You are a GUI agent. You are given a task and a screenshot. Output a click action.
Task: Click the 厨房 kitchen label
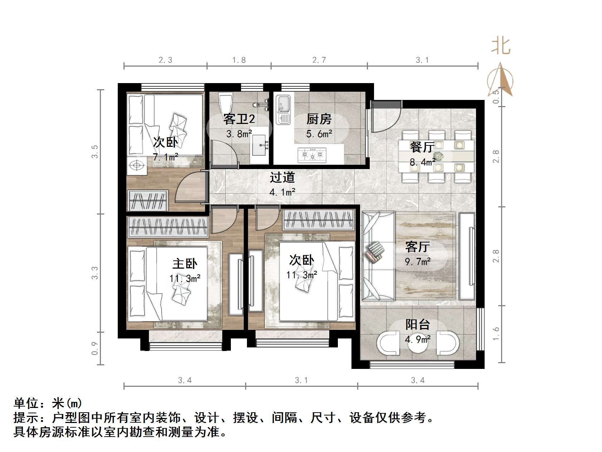pos(319,119)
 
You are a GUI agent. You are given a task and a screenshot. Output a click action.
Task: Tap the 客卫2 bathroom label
pos(239,119)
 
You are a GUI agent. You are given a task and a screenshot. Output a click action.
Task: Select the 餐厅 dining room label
pos(422,147)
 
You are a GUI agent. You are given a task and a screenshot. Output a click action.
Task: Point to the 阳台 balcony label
pos(417,324)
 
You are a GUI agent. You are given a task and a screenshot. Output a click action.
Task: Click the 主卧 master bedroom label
pos(185,264)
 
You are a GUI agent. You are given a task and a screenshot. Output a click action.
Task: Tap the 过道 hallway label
pos(282,177)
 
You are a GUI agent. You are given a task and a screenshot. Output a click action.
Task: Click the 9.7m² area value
pos(417,261)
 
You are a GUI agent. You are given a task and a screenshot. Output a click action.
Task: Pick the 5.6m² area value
pos(319,134)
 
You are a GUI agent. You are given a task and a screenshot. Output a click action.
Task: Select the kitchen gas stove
pos(312,155)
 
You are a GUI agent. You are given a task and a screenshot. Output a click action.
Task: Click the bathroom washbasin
pos(260,145)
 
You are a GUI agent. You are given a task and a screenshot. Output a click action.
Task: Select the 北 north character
pos(500,47)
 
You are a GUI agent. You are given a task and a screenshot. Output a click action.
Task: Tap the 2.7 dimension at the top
pos(319,60)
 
